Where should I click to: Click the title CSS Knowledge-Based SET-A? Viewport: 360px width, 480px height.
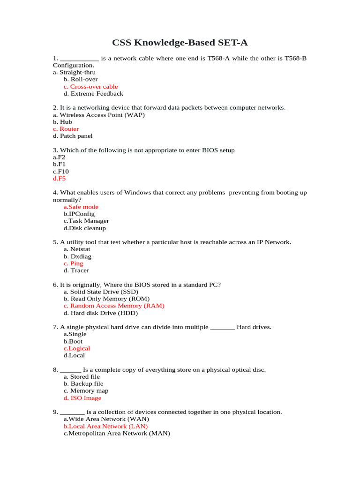pyautogui.click(x=180, y=43)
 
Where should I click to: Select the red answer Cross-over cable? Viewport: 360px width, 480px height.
pyautogui.click(x=91, y=87)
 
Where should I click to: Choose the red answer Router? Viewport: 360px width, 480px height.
pyautogui.click(x=66, y=129)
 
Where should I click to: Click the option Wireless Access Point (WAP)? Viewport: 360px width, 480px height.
pyautogui.click(x=99, y=115)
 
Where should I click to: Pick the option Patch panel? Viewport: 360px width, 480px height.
pyautogui.click(x=73, y=136)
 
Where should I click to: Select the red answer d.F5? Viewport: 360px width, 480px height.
pyautogui.click(x=59, y=179)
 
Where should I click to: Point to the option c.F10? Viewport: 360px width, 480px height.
pyautogui.click(x=61, y=172)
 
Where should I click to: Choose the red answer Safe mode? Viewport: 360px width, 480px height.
pyautogui.click(x=81, y=207)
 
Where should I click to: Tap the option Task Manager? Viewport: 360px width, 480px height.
pyautogui.click(x=86, y=221)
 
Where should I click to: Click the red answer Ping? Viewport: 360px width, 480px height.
pyautogui.click(x=74, y=263)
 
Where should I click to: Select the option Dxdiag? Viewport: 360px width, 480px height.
pyautogui.click(x=77, y=256)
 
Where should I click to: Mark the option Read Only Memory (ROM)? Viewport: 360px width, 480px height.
pyautogui.click(x=107, y=299)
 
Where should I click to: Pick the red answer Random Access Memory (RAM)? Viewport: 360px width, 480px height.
pyautogui.click(x=114, y=306)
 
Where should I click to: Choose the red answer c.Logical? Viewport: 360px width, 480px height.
pyautogui.click(x=77, y=348)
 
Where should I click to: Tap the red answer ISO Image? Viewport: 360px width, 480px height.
pyautogui.click(x=82, y=398)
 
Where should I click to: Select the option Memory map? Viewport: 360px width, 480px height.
pyautogui.click(x=86, y=390)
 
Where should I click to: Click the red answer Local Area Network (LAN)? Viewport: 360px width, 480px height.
pyautogui.click(x=105, y=427)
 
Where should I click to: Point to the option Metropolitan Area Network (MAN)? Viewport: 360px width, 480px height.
pyautogui.click(x=116, y=434)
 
